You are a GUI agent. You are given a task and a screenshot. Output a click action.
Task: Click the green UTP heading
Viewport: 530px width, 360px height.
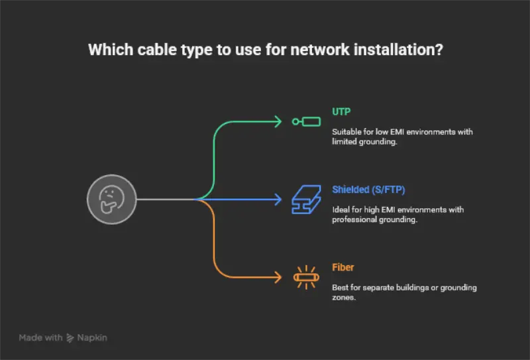pos(341,111)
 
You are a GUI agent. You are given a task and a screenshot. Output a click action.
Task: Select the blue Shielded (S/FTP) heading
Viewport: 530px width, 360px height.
pos(368,190)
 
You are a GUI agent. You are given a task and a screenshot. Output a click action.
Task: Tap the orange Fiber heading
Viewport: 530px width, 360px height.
pos(343,267)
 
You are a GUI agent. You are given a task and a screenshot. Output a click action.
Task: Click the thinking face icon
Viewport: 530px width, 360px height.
pos(112,199)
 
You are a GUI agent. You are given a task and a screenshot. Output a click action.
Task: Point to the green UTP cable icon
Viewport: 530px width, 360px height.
pos(307,121)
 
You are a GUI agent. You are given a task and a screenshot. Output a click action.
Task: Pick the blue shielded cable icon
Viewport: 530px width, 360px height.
pos(306,199)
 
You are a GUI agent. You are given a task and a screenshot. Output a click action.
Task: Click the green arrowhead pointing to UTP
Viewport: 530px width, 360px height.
pos(278,121)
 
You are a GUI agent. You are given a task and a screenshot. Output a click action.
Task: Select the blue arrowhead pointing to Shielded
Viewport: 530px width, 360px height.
pos(278,199)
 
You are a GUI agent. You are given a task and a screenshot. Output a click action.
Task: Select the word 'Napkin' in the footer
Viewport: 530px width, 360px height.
pos(92,337)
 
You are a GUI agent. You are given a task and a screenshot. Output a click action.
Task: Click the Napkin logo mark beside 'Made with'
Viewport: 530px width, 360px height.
pos(70,338)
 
